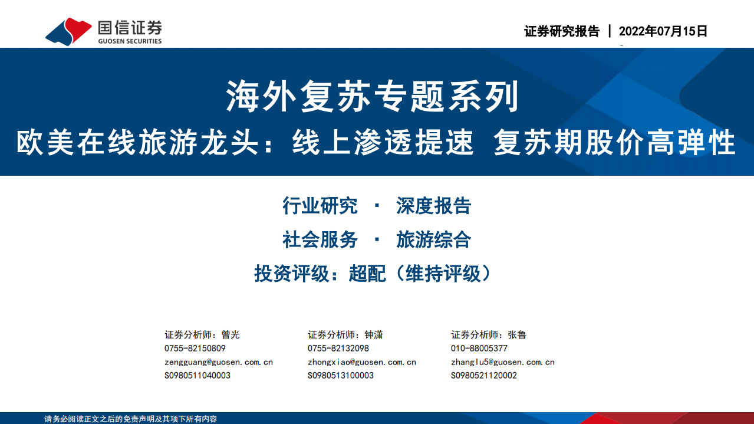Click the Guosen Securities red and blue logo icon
[68, 31]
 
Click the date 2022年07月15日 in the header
[663, 31]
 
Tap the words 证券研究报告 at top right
[561, 31]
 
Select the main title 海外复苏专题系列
[373, 97]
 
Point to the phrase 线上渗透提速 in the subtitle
[383, 143]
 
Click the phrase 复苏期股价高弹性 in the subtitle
[615, 143]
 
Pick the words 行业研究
[320, 206]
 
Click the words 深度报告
[433, 206]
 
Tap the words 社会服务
[320, 240]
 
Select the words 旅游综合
[433, 240]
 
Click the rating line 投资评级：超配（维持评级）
[373, 274]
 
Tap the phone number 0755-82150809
[195, 349]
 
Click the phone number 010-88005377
[479, 349]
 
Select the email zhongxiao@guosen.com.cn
[362, 362]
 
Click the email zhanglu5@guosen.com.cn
[503, 362]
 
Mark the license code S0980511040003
[197, 376]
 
